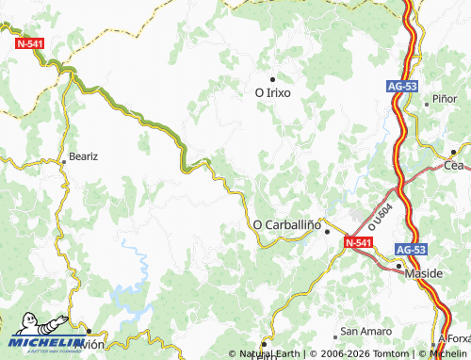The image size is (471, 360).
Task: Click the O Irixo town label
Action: (x=273, y=93)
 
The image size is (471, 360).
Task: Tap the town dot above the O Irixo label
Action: (x=273, y=79)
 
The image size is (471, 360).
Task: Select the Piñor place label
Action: (x=445, y=98)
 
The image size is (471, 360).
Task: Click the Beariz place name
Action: (x=84, y=155)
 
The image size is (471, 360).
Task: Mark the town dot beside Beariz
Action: (x=64, y=162)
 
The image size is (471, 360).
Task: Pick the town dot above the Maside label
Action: (x=399, y=266)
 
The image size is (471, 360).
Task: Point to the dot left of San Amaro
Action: (x=335, y=335)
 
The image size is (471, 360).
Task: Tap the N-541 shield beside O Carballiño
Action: (x=357, y=243)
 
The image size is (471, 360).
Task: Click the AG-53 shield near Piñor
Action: (x=401, y=86)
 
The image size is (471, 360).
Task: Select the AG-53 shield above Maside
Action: (x=412, y=250)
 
